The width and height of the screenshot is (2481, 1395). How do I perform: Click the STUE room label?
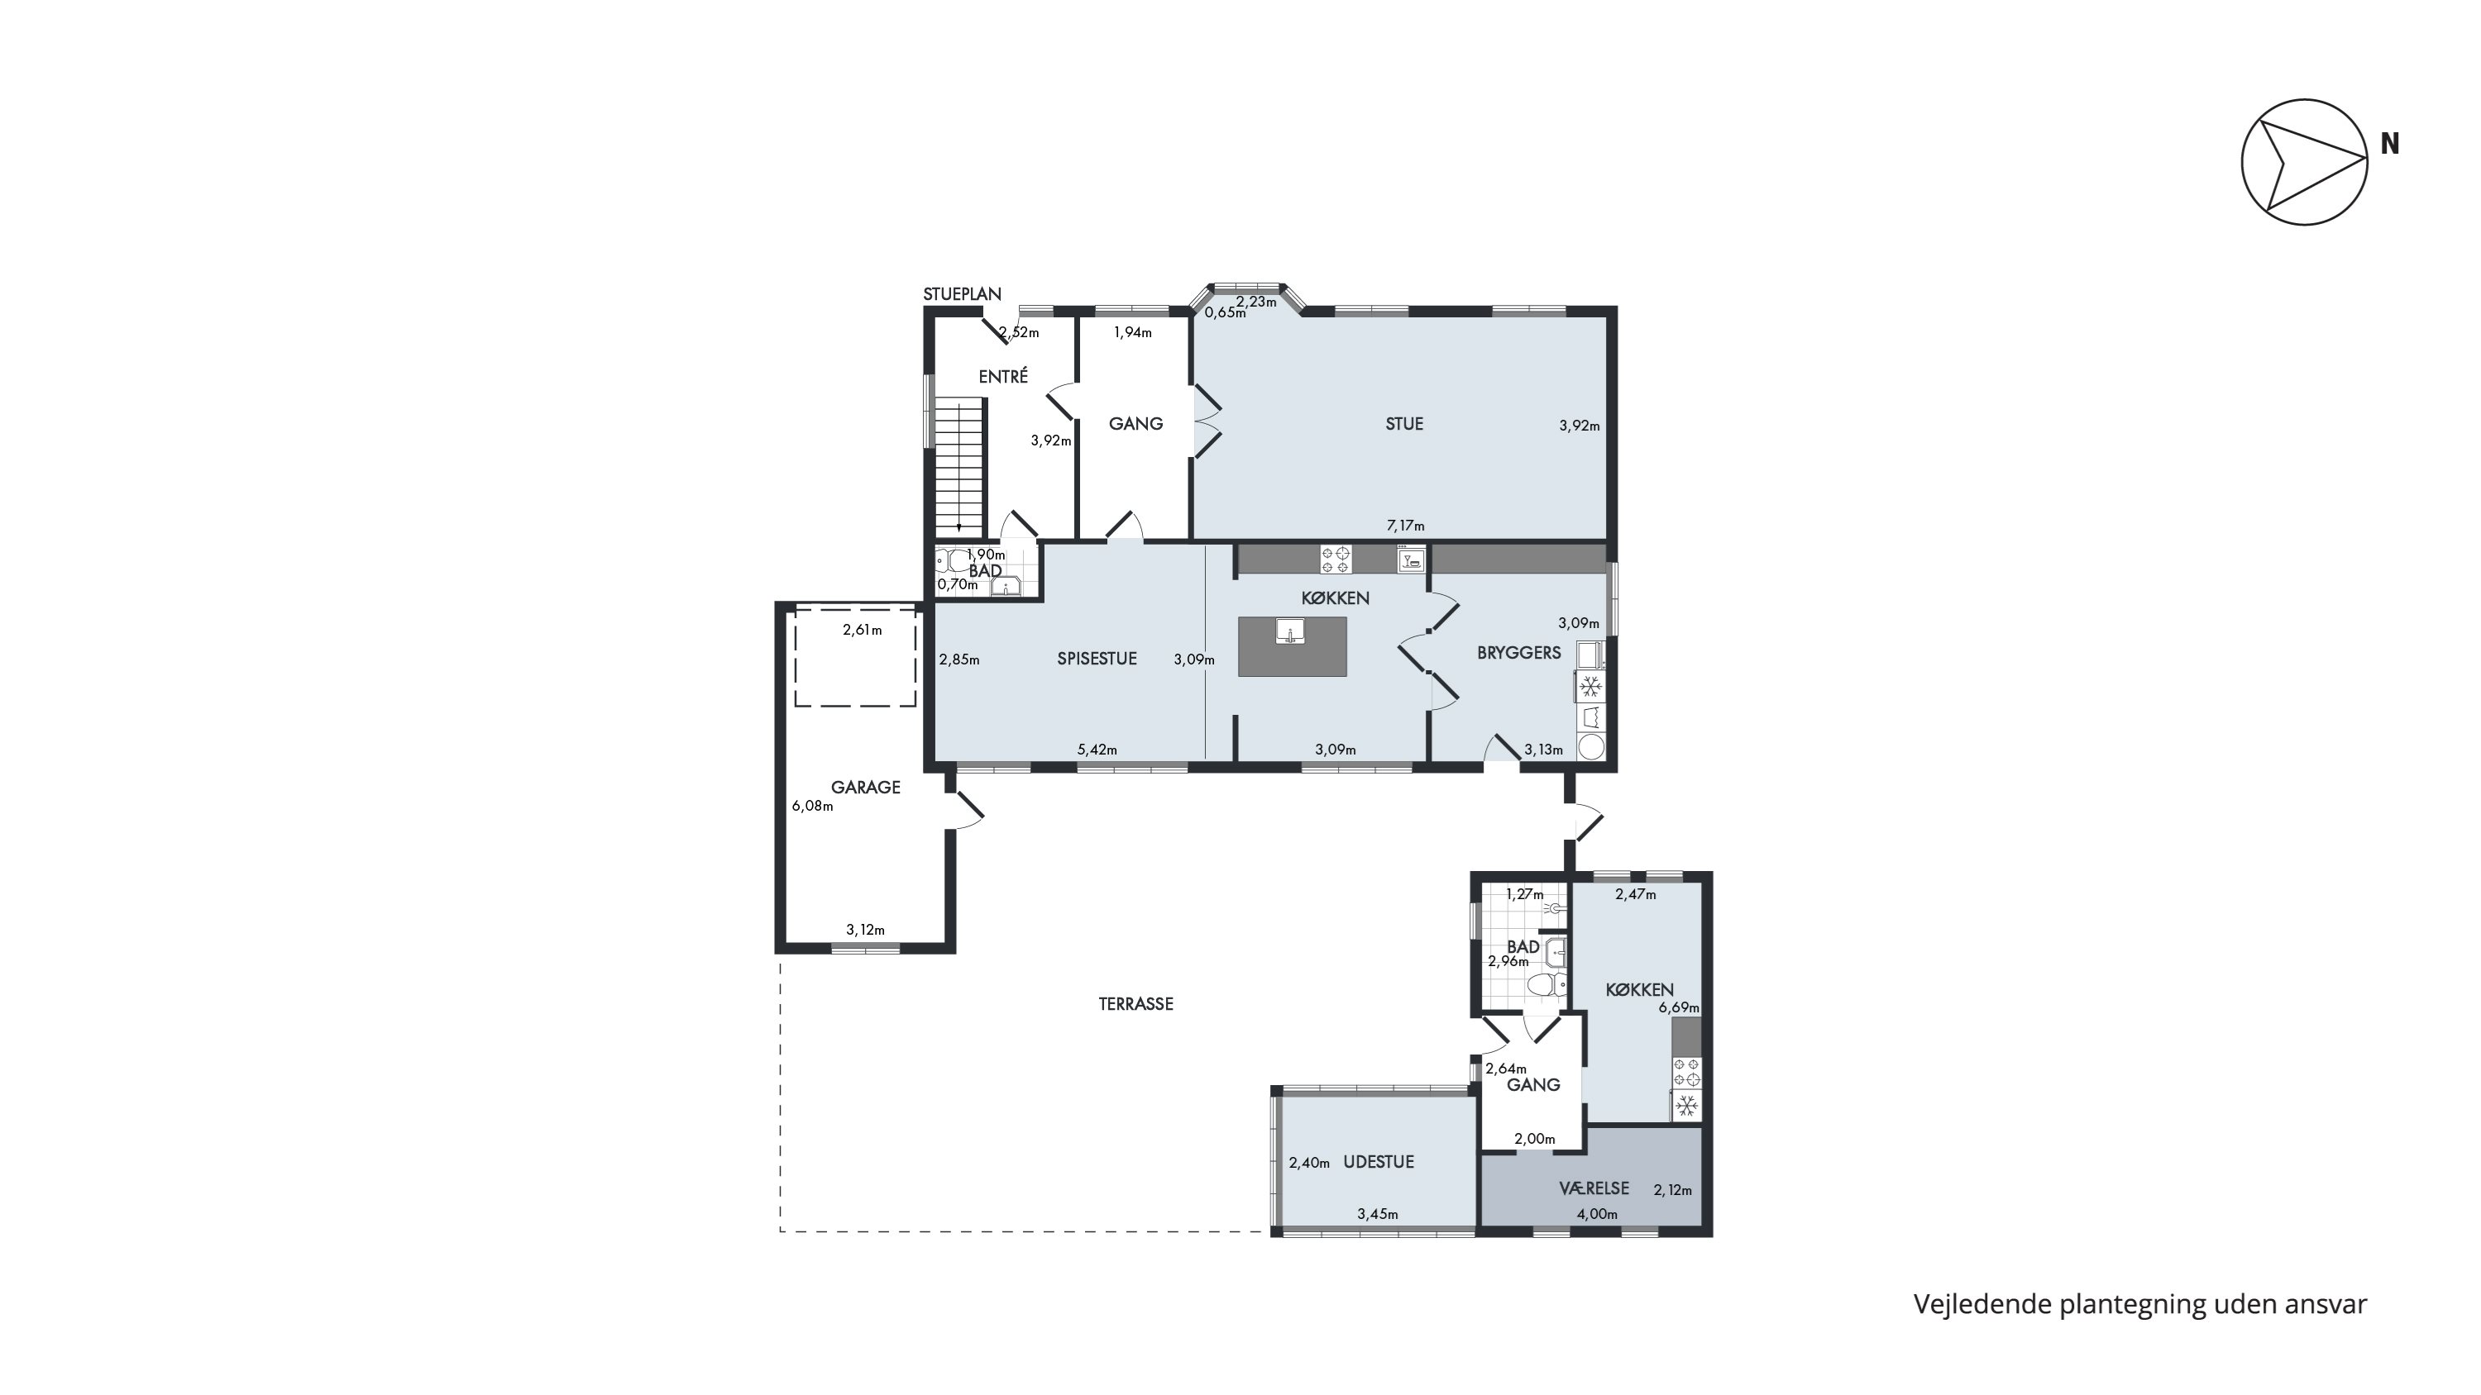tap(1403, 424)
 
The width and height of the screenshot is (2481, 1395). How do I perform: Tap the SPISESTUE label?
tap(1097, 659)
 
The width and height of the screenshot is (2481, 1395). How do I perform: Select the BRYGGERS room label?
tap(1519, 653)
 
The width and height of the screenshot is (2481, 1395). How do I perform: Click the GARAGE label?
tap(865, 788)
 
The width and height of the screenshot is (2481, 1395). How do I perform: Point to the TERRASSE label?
tap(1135, 1004)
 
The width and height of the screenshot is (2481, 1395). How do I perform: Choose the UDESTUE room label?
tap(1379, 1162)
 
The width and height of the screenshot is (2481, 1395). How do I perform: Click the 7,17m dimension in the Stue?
tap(1405, 526)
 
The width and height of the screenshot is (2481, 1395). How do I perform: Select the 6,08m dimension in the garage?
tap(812, 806)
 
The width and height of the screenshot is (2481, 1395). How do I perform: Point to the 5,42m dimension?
tap(1097, 750)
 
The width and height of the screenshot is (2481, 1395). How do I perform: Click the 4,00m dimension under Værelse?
tap(1597, 1214)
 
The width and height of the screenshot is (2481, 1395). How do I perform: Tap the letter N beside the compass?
tap(2389, 144)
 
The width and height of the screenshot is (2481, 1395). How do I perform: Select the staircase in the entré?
tap(284, 469)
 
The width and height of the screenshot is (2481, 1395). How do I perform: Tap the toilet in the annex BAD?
tap(1546, 984)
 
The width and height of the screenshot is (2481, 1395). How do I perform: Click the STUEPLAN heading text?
tap(962, 294)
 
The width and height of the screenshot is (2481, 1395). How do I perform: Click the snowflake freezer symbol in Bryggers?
tap(1590, 688)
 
